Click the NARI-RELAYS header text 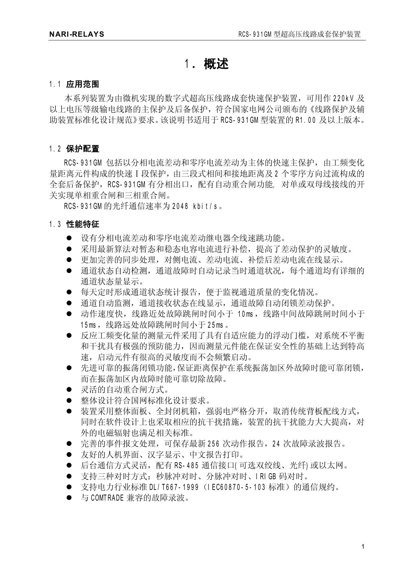(76, 34)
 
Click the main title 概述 (216, 64)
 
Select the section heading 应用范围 (82, 84)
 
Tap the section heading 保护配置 (82, 149)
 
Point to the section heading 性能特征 (82, 224)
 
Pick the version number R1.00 (305, 120)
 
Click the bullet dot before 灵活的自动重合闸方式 (69, 389)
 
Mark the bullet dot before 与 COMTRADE (69, 498)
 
